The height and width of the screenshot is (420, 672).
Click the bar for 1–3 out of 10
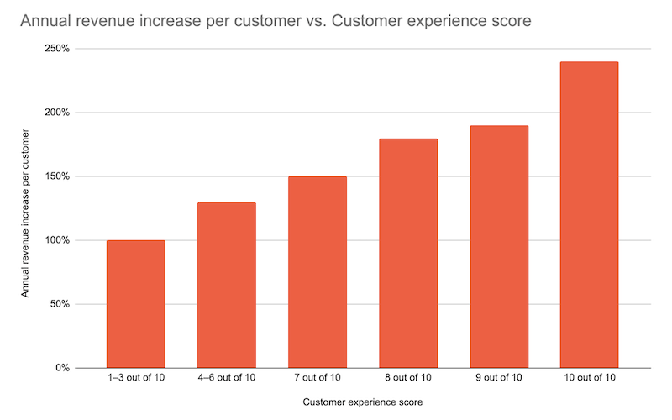pos(136,304)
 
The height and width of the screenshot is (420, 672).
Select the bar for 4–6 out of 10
pos(227,286)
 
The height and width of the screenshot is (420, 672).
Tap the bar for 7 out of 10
pos(318,272)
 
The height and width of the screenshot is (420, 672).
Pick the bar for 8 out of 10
pos(408,253)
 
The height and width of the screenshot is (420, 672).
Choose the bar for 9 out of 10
pos(499,247)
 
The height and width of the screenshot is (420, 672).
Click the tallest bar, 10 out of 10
pos(589,215)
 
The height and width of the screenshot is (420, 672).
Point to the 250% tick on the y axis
pos(57,49)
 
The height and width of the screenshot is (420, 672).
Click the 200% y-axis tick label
pos(57,113)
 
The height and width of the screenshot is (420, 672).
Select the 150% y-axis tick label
pos(57,176)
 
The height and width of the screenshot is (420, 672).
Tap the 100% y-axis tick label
pos(57,240)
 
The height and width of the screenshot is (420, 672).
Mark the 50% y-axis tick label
pos(60,304)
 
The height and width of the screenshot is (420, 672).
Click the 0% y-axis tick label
pos(62,368)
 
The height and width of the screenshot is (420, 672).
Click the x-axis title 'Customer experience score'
pos(363,402)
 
